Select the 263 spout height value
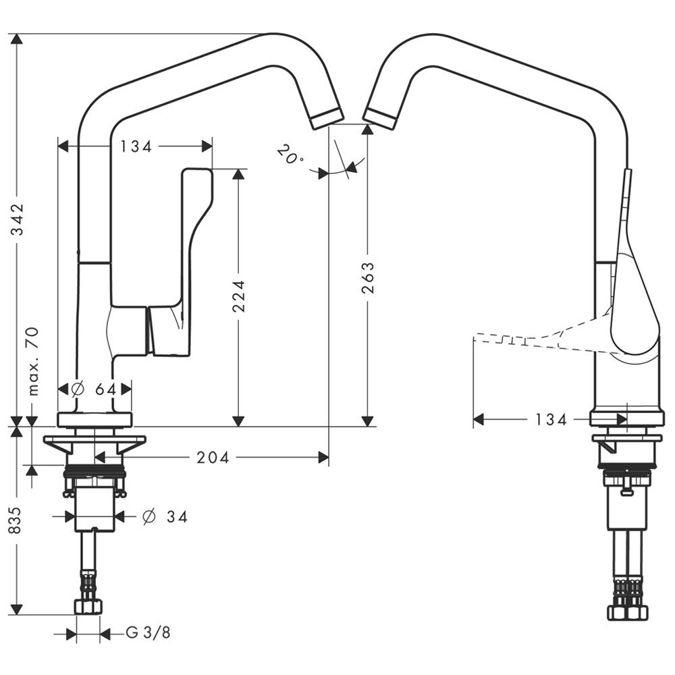[368, 277]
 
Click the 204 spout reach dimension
[213, 458]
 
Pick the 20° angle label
[289, 157]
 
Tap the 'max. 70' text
[33, 360]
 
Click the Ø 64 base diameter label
[94, 389]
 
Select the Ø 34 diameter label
[165, 517]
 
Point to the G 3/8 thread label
[148, 633]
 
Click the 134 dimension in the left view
[136, 146]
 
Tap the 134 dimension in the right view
[551, 420]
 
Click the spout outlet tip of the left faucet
[327, 117]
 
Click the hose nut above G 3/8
[88, 605]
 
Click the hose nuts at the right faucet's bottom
[627, 611]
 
